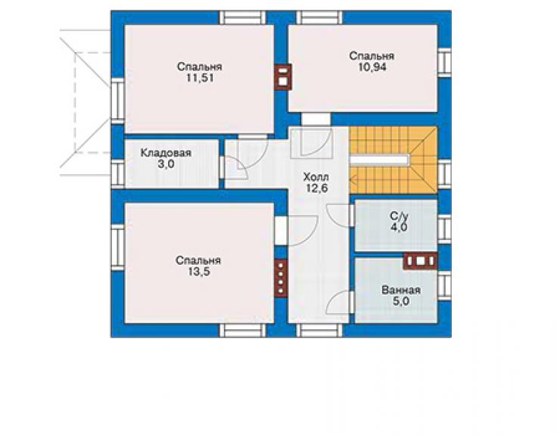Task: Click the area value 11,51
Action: [x=200, y=78]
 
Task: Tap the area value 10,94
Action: [x=372, y=67]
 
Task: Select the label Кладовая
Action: [x=166, y=153]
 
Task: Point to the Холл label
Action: [x=316, y=177]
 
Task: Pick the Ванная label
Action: [x=401, y=290]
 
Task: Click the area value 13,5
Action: [x=199, y=272]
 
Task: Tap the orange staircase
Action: [x=394, y=160]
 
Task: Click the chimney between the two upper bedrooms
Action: [x=282, y=76]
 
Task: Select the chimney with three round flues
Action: [x=281, y=278]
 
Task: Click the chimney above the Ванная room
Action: [x=420, y=261]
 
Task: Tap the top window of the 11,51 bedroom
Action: [x=243, y=17]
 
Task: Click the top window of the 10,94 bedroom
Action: [x=319, y=17]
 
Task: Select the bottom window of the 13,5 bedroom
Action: [x=242, y=331]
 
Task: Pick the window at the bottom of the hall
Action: [x=319, y=331]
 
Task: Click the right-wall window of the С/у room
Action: [x=444, y=229]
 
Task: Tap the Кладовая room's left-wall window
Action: [x=117, y=172]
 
